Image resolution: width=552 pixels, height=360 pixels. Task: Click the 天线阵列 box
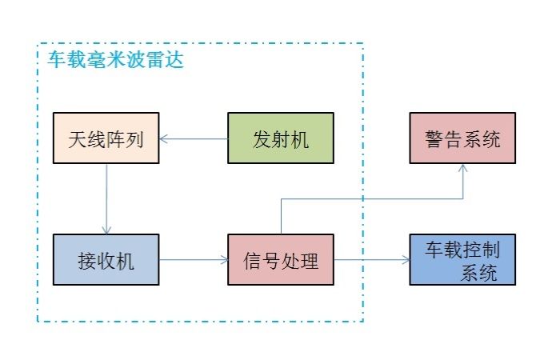106,139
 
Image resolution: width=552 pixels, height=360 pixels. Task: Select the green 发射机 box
279,139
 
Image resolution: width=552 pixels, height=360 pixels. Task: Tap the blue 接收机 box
106,260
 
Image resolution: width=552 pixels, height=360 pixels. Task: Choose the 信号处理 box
280,260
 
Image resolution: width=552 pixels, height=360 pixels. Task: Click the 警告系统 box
462,139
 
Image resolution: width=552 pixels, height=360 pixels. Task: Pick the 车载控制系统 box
462,260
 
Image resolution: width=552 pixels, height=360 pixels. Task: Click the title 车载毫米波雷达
115,61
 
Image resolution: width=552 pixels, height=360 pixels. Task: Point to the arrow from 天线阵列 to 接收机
106,200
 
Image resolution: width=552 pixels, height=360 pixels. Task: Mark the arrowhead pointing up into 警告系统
463,170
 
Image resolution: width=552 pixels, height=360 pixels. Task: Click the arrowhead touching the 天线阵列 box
164,139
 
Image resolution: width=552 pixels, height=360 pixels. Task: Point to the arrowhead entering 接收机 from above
106,230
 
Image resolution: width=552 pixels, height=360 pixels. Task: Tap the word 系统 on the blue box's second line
478,273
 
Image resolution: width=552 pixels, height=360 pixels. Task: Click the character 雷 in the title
154,61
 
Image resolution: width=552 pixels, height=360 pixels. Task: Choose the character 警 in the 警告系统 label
433,140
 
